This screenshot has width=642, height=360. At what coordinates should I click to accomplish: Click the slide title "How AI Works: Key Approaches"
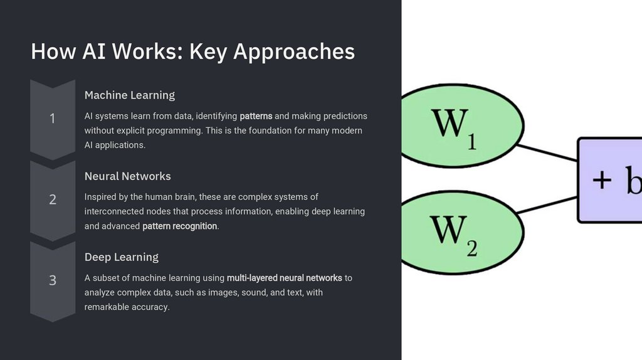tap(192, 51)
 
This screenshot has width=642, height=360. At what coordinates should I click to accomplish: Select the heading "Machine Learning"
tap(130, 95)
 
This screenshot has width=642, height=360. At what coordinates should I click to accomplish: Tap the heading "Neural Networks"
tap(128, 176)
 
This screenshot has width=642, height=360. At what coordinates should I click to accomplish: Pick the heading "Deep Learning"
tap(122, 257)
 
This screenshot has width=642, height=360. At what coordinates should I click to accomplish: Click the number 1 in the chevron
tap(53, 119)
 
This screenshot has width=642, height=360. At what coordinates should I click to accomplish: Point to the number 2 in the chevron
tap(53, 199)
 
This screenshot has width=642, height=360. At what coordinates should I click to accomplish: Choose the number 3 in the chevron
tap(53, 280)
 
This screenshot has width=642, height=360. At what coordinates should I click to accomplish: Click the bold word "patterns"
tap(256, 116)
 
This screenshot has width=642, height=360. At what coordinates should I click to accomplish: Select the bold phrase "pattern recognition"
tap(180, 226)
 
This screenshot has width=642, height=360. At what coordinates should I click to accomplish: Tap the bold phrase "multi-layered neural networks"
tap(285, 277)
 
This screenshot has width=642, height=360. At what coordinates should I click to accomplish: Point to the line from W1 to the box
tap(547, 152)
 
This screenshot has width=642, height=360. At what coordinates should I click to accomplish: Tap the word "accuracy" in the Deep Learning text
tap(150, 307)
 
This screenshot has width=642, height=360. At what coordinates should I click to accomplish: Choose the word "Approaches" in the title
tap(294, 51)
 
